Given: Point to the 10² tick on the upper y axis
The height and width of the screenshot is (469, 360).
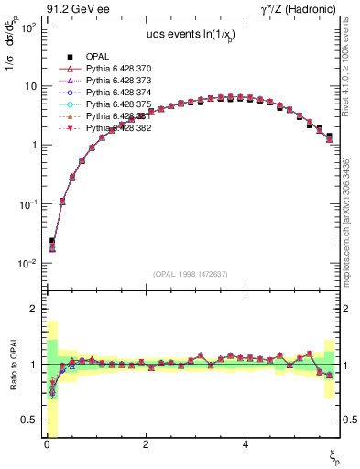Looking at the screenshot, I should click(x=28, y=27).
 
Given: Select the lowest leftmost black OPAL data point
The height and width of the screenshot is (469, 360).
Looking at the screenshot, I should click(x=52, y=241).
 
